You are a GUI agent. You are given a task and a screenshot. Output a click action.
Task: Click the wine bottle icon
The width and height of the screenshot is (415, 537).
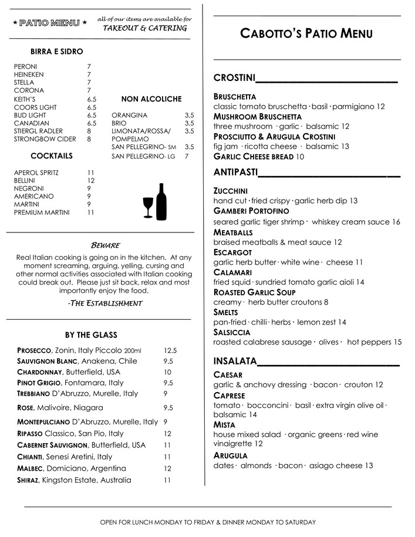tap(161, 201)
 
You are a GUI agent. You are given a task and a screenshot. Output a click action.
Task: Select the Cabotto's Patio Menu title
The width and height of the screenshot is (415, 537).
tap(306, 33)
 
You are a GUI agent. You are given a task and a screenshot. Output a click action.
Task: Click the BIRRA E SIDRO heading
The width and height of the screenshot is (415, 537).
tap(57, 52)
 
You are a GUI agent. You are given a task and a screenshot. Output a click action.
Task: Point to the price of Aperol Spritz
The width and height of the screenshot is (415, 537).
tap(91, 173)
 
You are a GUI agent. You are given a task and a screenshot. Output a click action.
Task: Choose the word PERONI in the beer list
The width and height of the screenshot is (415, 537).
tap(25, 67)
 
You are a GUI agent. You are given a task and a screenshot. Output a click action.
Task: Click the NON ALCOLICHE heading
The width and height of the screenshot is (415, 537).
tap(151, 99)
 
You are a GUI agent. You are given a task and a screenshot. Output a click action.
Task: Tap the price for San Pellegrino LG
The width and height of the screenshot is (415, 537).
tap(187, 157)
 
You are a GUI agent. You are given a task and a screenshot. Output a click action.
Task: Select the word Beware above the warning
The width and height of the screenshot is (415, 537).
tap(106, 245)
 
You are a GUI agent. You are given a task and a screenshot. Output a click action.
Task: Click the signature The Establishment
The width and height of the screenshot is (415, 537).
tap(105, 303)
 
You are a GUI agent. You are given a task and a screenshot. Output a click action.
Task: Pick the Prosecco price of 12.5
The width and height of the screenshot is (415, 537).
tap(170, 350)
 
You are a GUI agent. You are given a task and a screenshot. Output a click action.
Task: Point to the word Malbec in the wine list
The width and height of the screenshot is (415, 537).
tap(31, 468)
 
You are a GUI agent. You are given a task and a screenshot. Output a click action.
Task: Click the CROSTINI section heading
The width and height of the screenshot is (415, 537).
tap(234, 78)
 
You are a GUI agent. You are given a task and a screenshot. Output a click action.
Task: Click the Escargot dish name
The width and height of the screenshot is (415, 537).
tap(233, 252)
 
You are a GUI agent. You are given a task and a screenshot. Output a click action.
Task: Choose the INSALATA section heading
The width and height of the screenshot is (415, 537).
tap(235, 360)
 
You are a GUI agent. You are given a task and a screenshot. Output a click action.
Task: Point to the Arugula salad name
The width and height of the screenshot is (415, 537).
tap(231, 455)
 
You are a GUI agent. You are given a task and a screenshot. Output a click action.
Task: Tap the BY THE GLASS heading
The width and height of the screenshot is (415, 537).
tap(91, 335)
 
